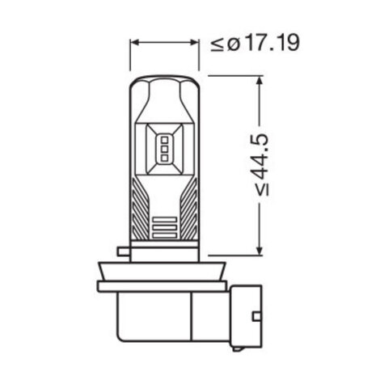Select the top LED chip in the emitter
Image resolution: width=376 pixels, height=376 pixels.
point(164,140)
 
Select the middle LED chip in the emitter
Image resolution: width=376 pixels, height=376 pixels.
point(164,150)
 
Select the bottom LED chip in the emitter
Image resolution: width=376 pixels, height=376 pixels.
point(164,159)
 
